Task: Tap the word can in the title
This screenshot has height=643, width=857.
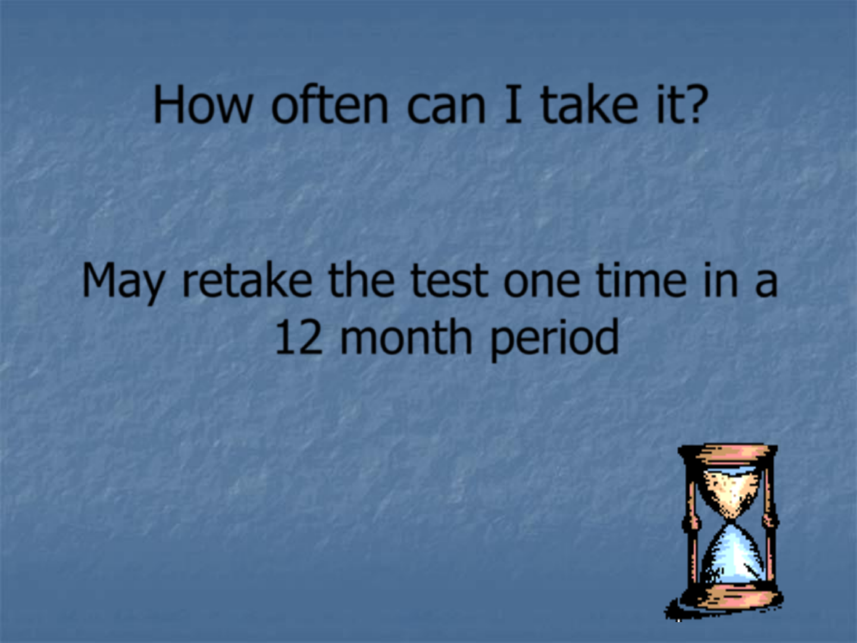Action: (446, 110)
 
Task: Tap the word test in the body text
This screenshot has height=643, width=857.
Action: (449, 279)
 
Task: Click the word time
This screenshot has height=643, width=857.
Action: (641, 279)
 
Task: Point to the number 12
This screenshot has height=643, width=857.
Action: (299, 336)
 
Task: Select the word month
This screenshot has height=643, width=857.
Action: (406, 335)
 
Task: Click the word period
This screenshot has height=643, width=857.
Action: (555, 338)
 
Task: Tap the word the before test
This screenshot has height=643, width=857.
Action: (361, 278)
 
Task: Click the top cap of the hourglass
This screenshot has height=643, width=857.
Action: (728, 454)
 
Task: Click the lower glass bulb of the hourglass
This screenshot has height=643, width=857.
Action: (731, 555)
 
